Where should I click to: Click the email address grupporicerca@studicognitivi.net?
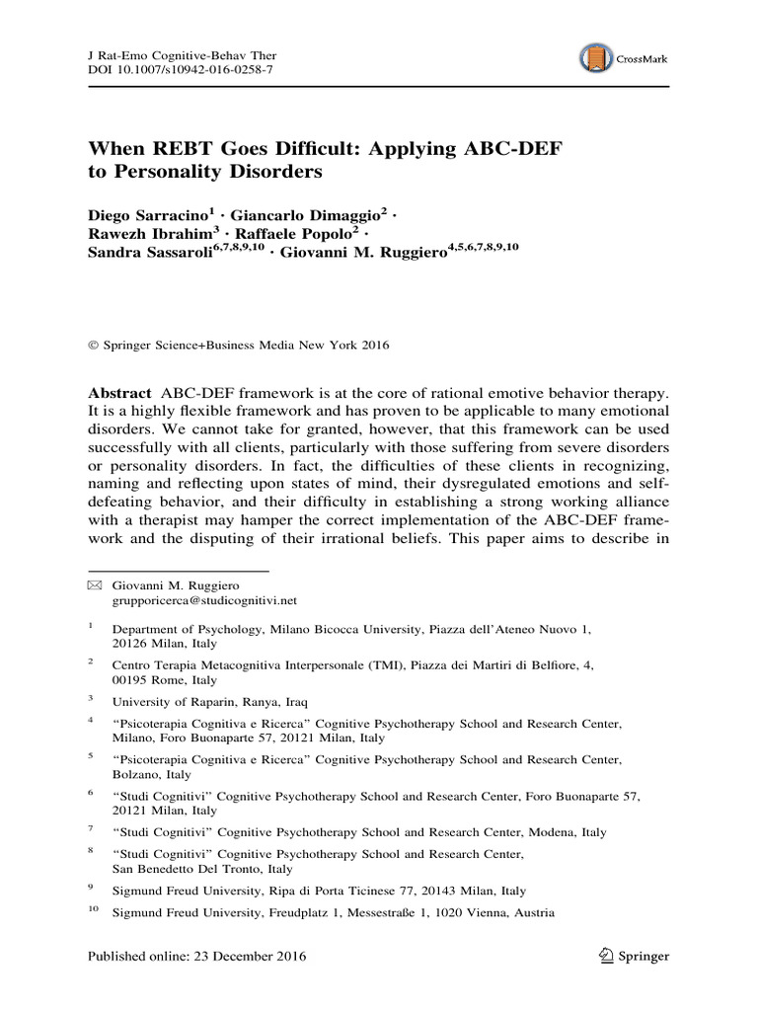204,599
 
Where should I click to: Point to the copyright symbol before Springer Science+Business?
94,346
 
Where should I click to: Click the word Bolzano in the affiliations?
137,775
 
